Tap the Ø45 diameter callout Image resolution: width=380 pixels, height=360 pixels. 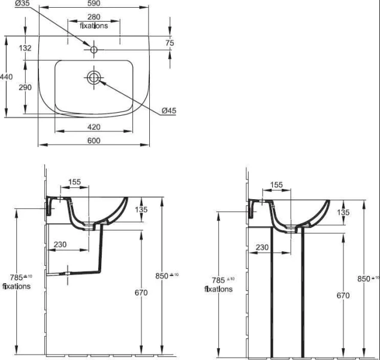pos(168,110)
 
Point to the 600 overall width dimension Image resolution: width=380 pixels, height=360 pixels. pos(94,140)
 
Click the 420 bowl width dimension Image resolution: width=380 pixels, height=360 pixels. pos(94,127)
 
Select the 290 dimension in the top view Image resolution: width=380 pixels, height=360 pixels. pos(25,88)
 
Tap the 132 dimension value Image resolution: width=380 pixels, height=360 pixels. pos(25,48)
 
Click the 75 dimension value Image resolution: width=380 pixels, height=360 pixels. pos(170,43)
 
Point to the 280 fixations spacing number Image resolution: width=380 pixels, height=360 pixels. pos(94,18)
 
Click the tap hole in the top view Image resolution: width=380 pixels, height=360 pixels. pos(94,49)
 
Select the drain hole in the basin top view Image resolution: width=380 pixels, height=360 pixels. pos(94,77)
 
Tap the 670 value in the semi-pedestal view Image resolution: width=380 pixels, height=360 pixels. pos(141,293)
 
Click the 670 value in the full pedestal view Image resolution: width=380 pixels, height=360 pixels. pos(343,295)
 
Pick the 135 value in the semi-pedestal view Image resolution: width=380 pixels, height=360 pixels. pos(141,210)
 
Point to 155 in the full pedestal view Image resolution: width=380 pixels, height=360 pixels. pos(276,185)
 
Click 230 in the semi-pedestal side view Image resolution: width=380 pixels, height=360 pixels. pos(60,244)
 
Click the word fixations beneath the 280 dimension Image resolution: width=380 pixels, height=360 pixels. pos(94,26)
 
